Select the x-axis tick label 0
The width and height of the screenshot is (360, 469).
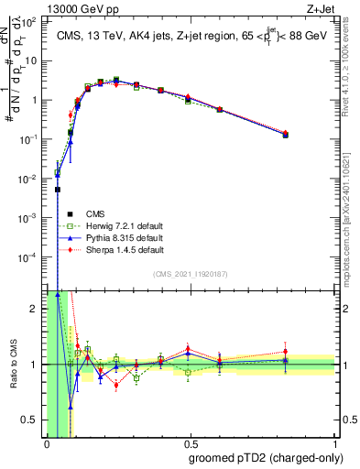coord(47,444)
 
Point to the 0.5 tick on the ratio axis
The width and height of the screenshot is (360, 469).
coord(33,420)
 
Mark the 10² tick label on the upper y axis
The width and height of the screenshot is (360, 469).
coord(29,21)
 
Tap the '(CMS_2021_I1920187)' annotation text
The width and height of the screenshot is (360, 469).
coord(190,273)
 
